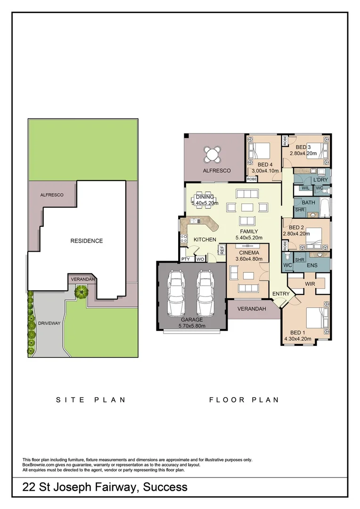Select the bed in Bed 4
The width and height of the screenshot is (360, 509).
[x=259, y=151]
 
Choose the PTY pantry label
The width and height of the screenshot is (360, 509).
[x=186, y=259]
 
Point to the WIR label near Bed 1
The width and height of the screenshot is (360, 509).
[x=310, y=284]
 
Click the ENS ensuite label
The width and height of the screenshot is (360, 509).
[x=312, y=265]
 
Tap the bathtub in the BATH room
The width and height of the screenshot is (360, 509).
[x=325, y=206]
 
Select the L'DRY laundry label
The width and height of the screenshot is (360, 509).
[x=320, y=180]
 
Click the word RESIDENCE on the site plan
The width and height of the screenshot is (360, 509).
[x=86, y=241]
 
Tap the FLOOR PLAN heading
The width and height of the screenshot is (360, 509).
[x=244, y=400]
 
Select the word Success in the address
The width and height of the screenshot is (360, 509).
[x=165, y=487]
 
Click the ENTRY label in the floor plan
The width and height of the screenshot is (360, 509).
[x=281, y=294]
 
